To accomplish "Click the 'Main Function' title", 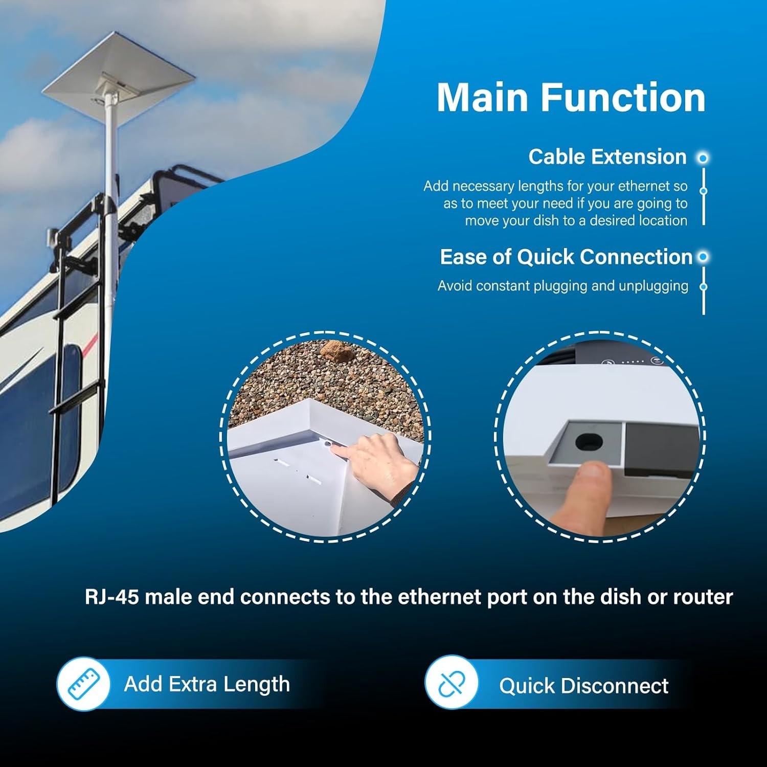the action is pyautogui.click(x=571, y=97).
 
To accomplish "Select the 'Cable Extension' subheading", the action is pyautogui.click(x=607, y=157).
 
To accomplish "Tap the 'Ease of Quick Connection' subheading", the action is pyautogui.click(x=566, y=257).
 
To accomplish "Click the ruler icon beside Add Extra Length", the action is pyautogui.click(x=83, y=684).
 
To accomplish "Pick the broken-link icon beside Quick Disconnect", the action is pyautogui.click(x=451, y=683).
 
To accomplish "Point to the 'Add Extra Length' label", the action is pyautogui.click(x=207, y=684).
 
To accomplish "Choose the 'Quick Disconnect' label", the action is pyautogui.click(x=584, y=686).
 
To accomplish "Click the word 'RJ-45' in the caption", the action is pyautogui.click(x=112, y=597).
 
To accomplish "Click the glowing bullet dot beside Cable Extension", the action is pyautogui.click(x=704, y=158).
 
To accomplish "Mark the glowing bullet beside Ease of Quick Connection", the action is pyautogui.click(x=704, y=257).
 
